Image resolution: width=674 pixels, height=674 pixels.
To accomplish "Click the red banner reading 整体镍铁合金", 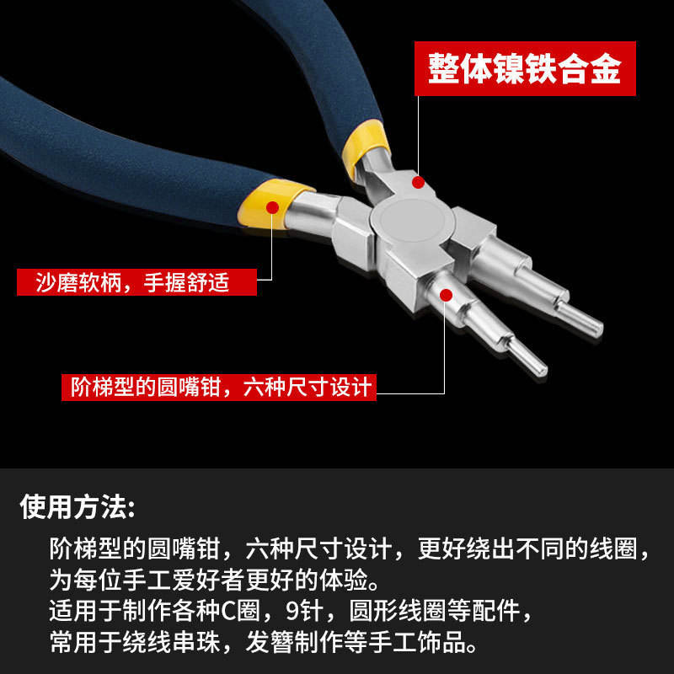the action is pos(525,68).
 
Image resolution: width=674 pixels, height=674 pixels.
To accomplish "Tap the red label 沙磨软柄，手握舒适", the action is pos(136,282).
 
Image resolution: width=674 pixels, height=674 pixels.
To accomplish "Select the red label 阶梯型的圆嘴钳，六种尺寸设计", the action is pos(219,388).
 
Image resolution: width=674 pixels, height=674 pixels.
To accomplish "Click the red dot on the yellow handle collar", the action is pos(272,207).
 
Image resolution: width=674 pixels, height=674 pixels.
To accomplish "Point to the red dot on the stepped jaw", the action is pos(447,296).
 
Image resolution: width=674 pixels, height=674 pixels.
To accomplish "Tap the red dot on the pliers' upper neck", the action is pos(418,182).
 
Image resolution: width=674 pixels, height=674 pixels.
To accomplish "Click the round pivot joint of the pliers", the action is pos(412,221).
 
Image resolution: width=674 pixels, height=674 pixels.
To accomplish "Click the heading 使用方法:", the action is pos(78,506).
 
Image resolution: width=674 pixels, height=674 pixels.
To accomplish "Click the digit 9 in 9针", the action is pos(292,610).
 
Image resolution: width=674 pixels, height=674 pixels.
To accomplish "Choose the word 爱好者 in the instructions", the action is pos(208,580).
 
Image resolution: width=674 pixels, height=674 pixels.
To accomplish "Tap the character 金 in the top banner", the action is pos(606,68).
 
